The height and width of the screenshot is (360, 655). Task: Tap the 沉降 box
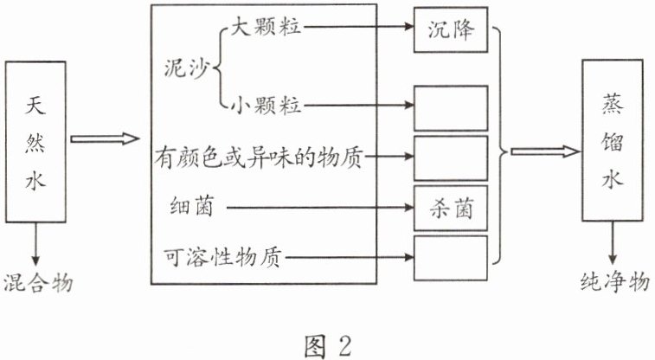tap(451, 29)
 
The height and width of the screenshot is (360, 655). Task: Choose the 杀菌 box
tap(451, 208)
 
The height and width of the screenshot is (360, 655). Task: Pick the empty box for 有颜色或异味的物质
tap(451, 157)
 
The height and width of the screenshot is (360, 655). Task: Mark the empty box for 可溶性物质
tap(451, 257)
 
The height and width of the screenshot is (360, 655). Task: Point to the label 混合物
tap(37, 283)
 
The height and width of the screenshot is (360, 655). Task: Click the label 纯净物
tap(613, 283)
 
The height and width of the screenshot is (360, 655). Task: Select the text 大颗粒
tap(265, 26)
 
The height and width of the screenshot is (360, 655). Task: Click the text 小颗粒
tap(265, 107)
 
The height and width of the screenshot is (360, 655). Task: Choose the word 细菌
tap(191, 208)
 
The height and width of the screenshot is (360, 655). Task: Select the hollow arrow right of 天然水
tap(104, 138)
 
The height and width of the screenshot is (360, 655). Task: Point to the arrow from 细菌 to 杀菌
tap(320, 208)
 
